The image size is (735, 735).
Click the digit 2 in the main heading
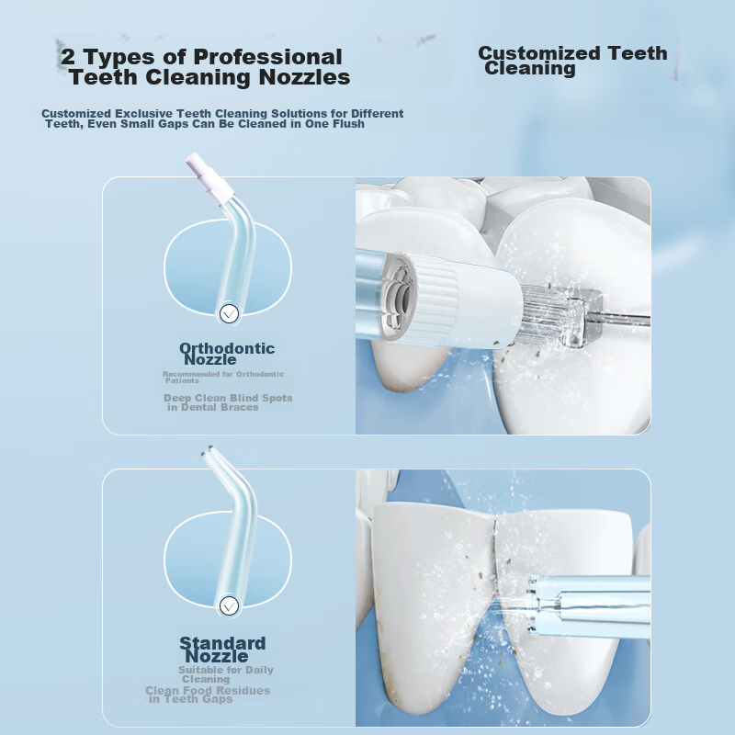click(x=68, y=57)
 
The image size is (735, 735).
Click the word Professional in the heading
click(x=267, y=57)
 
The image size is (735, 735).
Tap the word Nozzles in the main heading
click(x=305, y=77)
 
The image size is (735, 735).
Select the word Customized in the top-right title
click(x=539, y=53)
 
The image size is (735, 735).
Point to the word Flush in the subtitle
click(x=349, y=124)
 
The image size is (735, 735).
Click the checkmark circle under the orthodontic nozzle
click(x=229, y=313)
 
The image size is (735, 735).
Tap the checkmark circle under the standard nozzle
click(x=229, y=606)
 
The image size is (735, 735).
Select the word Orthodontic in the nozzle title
click(x=227, y=348)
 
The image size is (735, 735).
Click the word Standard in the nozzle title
click(x=222, y=643)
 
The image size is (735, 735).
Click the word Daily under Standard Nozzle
click(x=260, y=671)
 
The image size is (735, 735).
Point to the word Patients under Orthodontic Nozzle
click(x=182, y=380)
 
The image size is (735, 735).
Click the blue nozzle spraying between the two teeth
click(x=589, y=605)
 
